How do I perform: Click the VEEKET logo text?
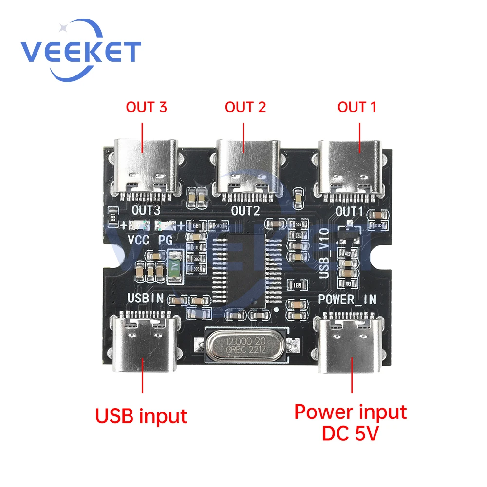pyautogui.click(x=81, y=51)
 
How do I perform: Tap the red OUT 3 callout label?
pyautogui.click(x=146, y=107)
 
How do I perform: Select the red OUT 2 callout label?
pyautogui.click(x=245, y=107)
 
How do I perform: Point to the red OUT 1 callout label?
pyautogui.click(x=357, y=107)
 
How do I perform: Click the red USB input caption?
pyautogui.click(x=141, y=416)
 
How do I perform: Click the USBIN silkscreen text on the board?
pyautogui.click(x=145, y=298)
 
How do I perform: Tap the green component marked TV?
pyautogui.click(x=175, y=267)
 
